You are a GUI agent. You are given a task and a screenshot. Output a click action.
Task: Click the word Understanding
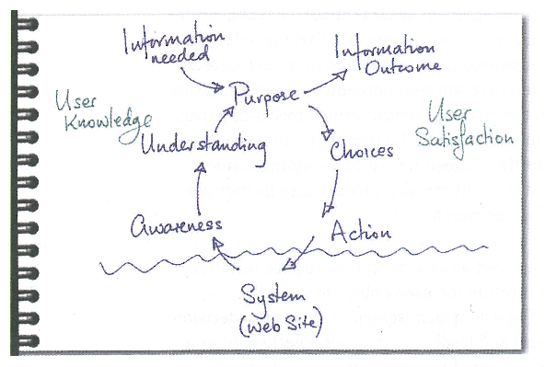(x=204, y=144)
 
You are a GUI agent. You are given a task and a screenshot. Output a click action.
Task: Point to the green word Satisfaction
(x=465, y=139)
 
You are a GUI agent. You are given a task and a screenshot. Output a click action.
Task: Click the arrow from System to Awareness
(x=224, y=252)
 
